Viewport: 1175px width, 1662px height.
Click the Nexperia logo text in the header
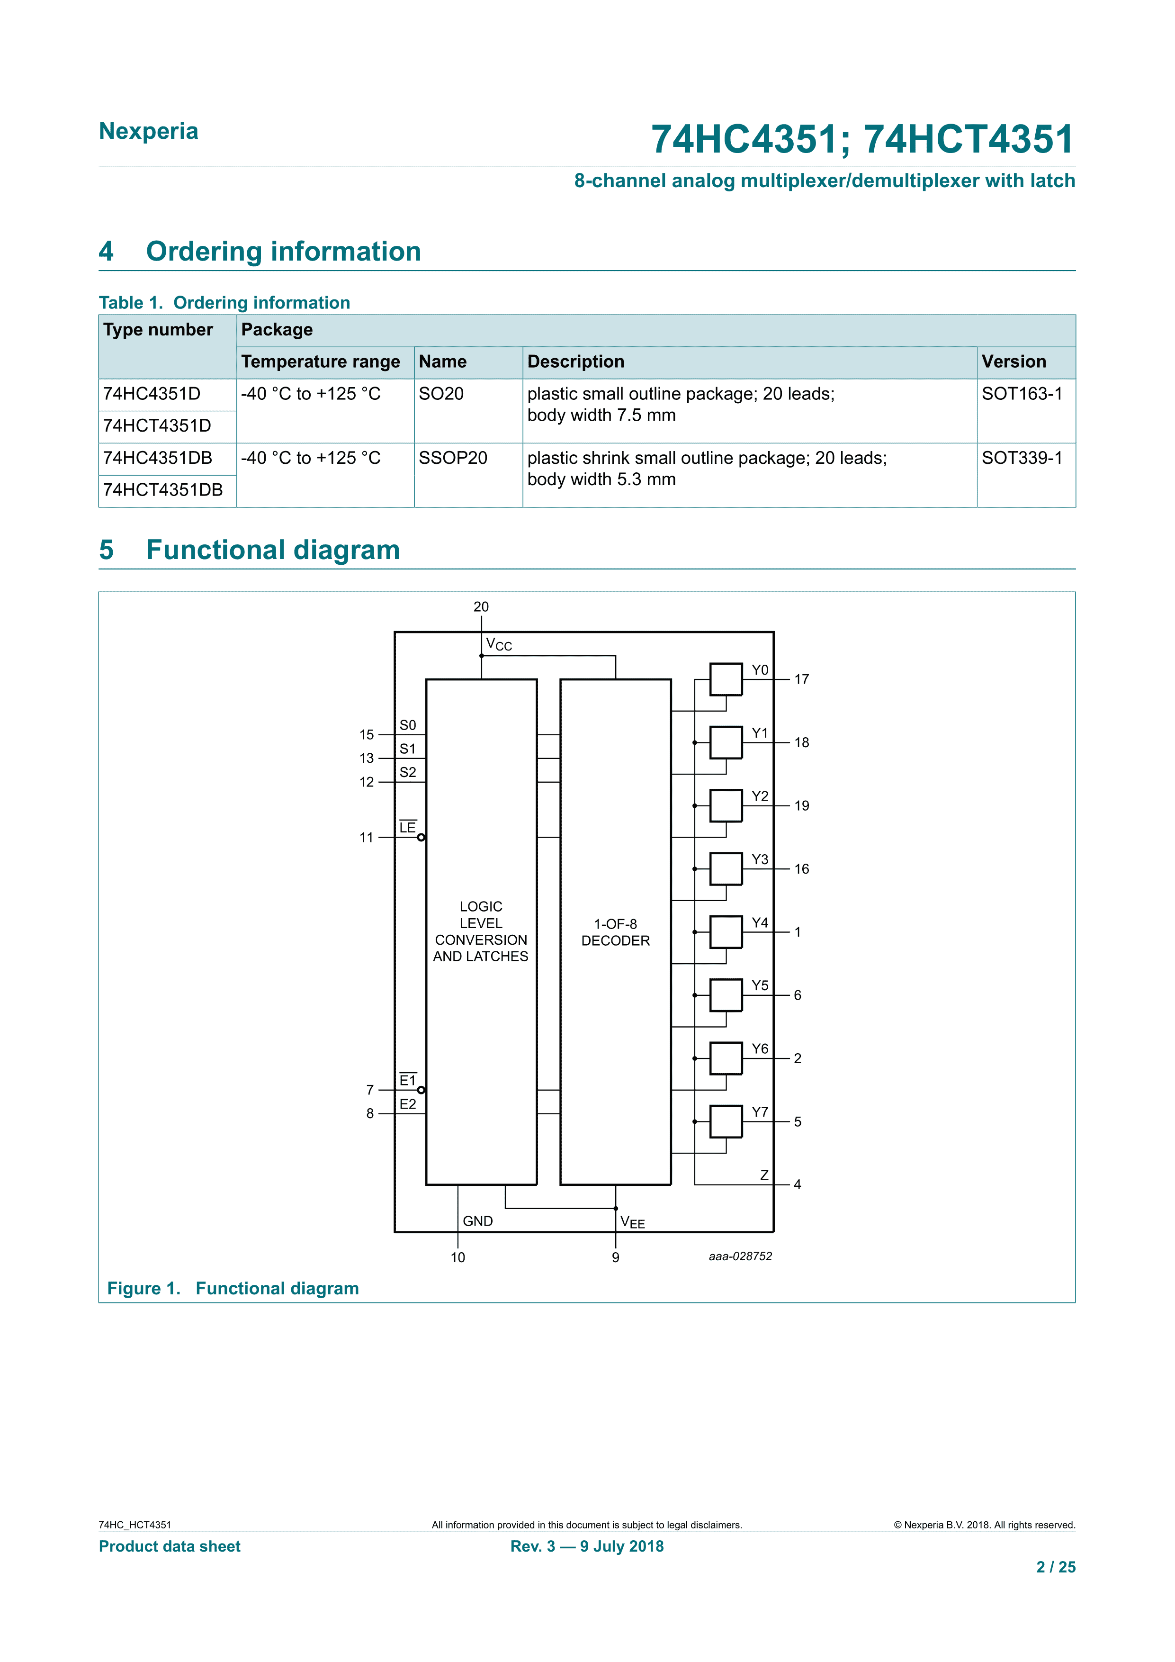(x=148, y=131)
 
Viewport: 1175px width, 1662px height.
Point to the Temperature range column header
(x=321, y=362)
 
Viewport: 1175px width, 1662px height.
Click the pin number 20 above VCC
(x=481, y=606)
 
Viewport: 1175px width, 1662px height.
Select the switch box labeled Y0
(x=726, y=679)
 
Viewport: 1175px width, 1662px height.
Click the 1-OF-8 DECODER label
(x=616, y=932)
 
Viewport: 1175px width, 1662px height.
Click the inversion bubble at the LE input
(x=421, y=838)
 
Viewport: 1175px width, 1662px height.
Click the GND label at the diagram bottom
(x=477, y=1221)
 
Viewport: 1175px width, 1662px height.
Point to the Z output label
(x=764, y=1175)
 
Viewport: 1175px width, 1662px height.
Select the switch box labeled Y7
(x=726, y=1121)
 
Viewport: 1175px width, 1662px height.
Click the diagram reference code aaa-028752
(x=740, y=1256)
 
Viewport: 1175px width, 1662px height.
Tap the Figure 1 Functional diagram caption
(x=233, y=1289)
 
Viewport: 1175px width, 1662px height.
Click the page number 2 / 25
(x=1056, y=1567)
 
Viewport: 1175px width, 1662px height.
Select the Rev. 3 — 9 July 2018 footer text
(x=587, y=1546)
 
